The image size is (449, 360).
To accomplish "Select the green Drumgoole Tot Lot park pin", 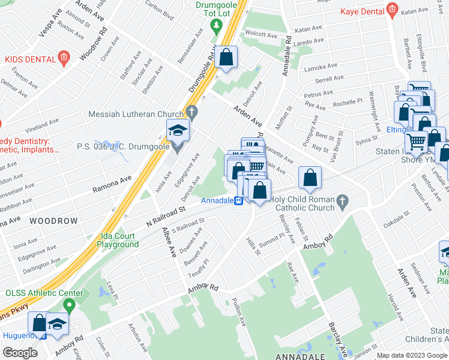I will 217,26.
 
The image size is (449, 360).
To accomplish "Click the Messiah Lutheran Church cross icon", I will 191,112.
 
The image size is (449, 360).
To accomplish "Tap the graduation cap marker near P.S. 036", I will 178,130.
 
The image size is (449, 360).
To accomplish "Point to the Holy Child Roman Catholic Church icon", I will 342,203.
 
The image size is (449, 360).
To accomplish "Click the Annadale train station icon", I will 238,200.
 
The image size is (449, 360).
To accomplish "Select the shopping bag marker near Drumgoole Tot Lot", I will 226,58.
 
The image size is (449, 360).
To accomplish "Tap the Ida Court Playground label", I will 118,240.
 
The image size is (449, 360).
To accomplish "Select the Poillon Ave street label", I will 240,313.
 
